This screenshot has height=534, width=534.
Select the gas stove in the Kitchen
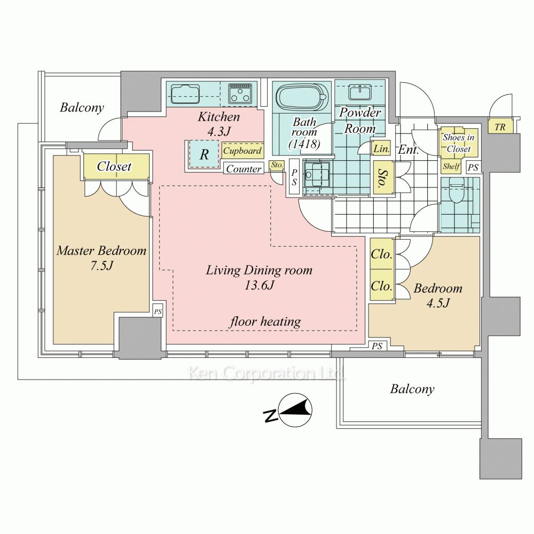pos(240,94)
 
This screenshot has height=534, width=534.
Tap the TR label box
pos(500,127)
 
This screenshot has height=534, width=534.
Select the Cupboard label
pos(242,151)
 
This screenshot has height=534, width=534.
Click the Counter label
pos(244,169)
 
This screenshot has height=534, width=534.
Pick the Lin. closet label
pos(382,149)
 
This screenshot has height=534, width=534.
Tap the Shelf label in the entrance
pos(451,166)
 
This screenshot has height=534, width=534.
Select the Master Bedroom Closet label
pos(114,167)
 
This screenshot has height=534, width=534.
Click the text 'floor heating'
pos(265,321)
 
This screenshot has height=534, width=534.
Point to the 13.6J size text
pos(260,286)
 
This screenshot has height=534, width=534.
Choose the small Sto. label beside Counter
pos(277,165)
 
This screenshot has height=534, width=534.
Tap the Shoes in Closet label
pos(458,143)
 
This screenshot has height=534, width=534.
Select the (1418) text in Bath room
pos(304,144)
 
